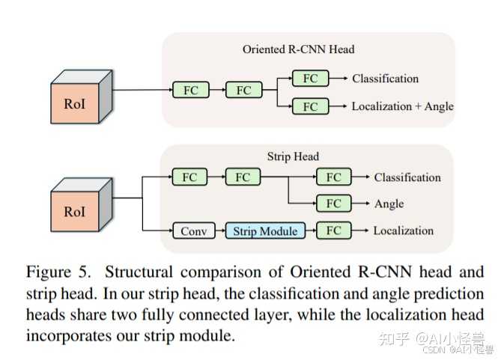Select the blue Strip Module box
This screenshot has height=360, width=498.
point(265,231)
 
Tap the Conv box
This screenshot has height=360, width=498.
point(193,231)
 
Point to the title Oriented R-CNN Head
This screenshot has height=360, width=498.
point(298,49)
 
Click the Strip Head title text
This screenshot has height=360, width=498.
point(293,156)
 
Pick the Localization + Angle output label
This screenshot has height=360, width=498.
point(402,106)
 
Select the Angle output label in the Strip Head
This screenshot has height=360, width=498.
point(389,204)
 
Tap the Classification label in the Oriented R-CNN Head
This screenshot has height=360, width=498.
point(385,79)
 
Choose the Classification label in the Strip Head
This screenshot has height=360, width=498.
point(407,177)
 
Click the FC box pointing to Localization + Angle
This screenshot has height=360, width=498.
point(310,106)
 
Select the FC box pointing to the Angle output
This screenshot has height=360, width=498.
point(333,204)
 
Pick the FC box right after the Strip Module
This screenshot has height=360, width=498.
point(333,231)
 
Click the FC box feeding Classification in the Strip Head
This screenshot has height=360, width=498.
point(333,177)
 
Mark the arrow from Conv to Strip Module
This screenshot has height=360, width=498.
point(219,231)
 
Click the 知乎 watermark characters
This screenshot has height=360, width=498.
point(395,338)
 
